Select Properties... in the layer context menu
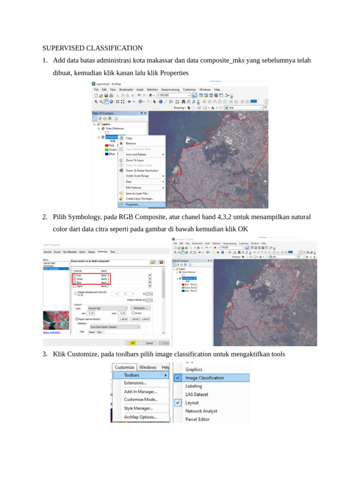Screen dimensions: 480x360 [x=133, y=204]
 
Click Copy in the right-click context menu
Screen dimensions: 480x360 [x=129, y=138]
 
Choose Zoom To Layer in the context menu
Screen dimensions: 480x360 [x=135, y=160]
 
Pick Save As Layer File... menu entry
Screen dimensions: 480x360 [x=137, y=193]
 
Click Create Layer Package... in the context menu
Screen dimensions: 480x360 [x=139, y=199]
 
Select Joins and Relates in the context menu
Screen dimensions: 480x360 [x=136, y=154]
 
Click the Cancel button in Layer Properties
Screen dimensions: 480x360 [x=148, y=343]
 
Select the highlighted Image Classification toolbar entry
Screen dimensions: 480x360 [x=204, y=378]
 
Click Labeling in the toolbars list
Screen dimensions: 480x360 [x=194, y=386]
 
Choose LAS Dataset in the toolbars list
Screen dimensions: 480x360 [x=197, y=394]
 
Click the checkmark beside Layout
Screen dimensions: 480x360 [x=178, y=403]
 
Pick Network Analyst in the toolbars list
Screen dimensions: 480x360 [x=201, y=411]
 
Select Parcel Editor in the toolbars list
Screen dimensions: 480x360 [x=197, y=419]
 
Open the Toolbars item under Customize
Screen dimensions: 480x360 [x=132, y=375]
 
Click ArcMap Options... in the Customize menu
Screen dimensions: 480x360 [x=140, y=417]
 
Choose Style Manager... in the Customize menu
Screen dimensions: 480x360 [x=138, y=408]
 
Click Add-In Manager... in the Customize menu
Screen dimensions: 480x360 [x=141, y=391]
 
